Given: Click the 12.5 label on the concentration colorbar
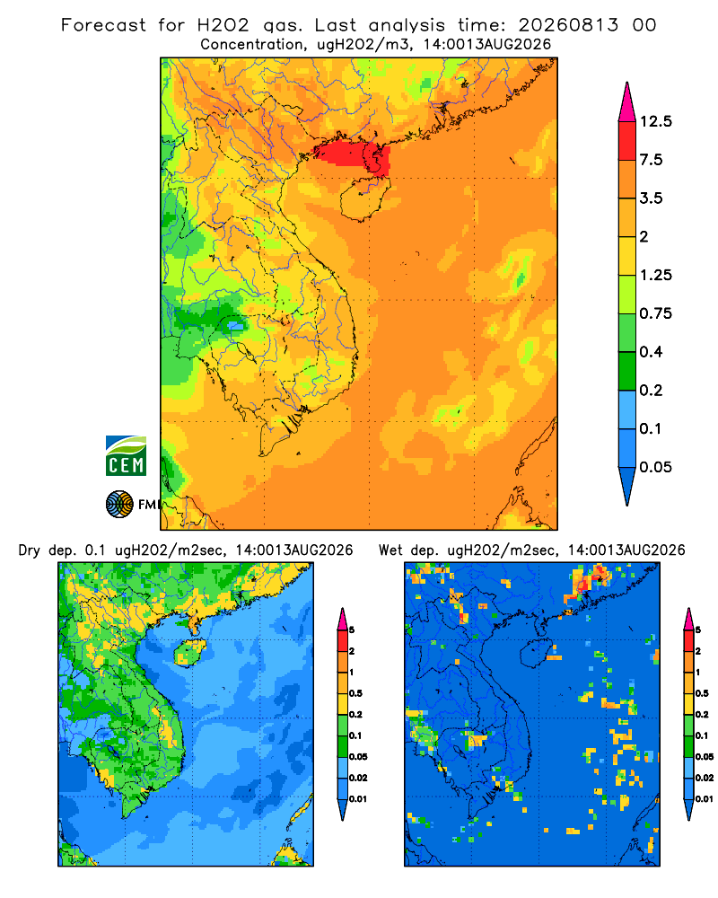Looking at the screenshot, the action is [655, 121].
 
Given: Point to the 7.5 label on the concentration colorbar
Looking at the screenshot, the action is [651, 160].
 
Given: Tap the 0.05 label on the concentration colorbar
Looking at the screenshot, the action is [655, 467].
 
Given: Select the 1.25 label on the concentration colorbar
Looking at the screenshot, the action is [655, 275].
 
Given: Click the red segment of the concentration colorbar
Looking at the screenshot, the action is [627, 141].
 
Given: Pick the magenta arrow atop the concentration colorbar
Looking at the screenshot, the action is [627, 102].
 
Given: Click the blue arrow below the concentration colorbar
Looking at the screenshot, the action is [627, 486].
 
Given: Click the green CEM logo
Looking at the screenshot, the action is [126, 456].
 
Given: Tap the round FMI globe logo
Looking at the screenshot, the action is [119, 505].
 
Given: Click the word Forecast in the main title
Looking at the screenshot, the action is [103, 25].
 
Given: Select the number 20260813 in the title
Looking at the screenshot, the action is [568, 25].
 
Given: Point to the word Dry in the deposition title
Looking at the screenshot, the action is [30, 551].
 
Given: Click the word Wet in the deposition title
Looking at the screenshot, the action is [391, 550].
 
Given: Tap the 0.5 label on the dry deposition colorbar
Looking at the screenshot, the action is [355, 693].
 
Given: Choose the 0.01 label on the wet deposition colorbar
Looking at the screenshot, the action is [705, 799].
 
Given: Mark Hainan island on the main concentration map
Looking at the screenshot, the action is [364, 198].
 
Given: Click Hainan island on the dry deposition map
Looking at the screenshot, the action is [189, 652].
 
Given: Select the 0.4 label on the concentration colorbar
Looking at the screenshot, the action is [651, 352].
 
